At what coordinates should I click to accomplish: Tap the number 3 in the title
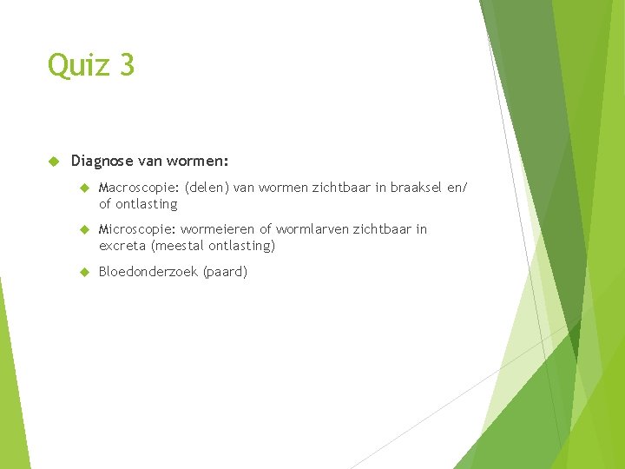click(x=127, y=65)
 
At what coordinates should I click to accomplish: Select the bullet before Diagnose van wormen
click(x=53, y=161)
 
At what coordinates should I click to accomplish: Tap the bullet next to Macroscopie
click(x=84, y=187)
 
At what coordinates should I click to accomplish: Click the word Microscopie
click(x=137, y=229)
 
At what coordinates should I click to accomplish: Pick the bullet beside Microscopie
click(x=84, y=229)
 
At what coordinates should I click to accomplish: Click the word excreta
click(x=122, y=246)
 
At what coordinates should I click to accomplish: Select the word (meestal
click(x=179, y=246)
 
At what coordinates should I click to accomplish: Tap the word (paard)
click(x=225, y=272)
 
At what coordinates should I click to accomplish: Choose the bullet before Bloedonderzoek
click(x=84, y=272)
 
